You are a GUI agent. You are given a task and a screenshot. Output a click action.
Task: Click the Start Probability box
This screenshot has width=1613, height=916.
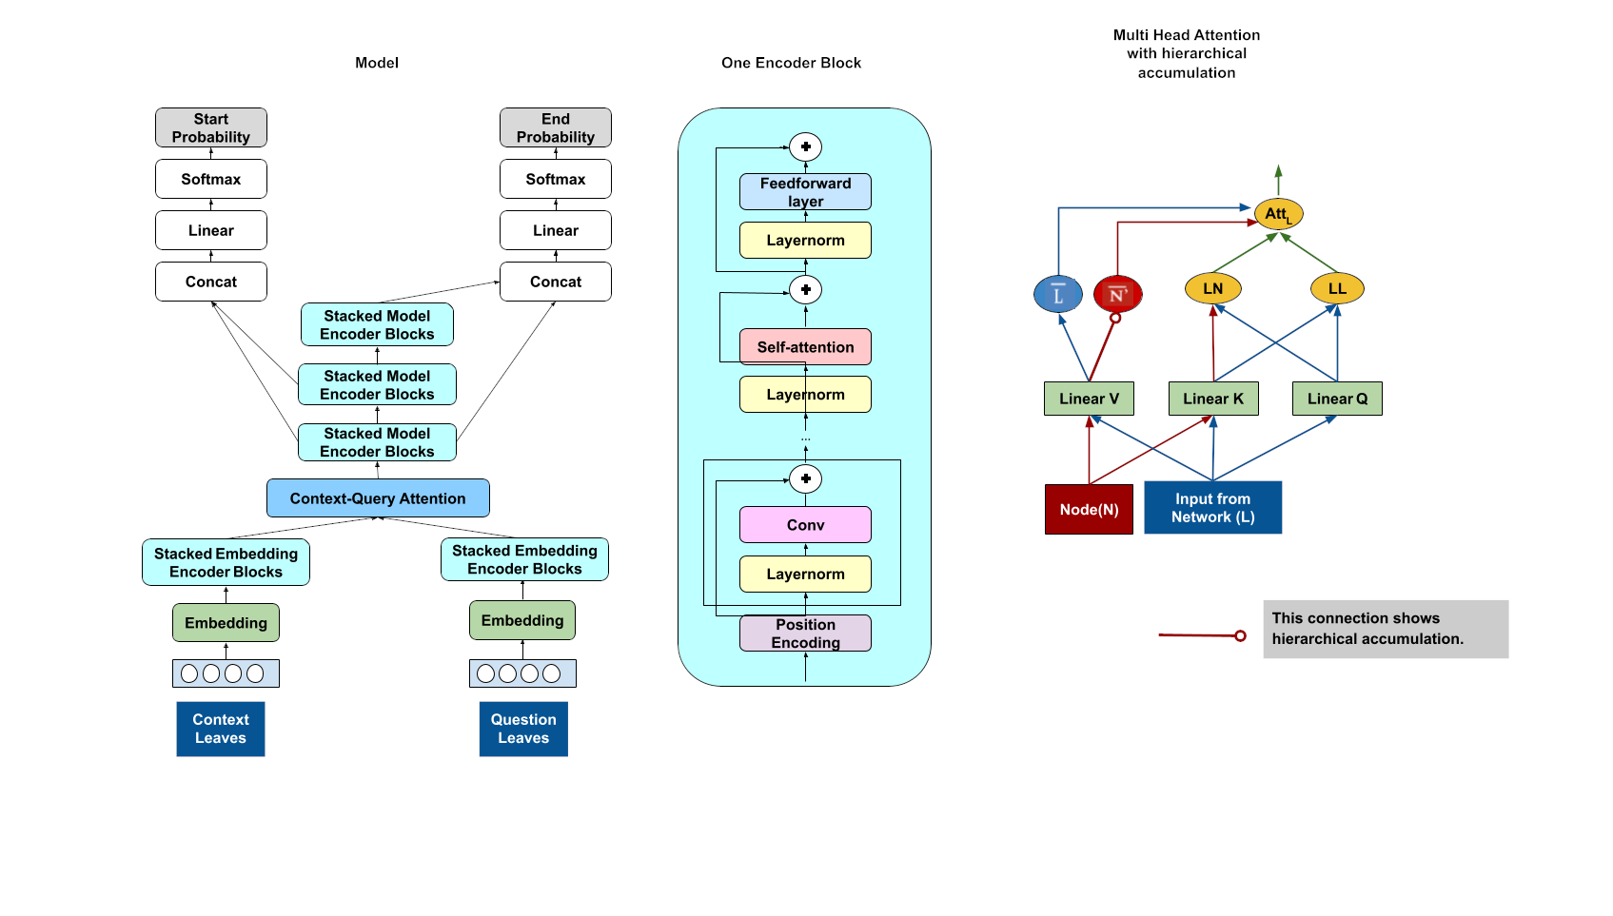[x=210, y=127]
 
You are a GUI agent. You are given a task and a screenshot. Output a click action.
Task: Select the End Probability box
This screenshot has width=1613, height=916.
[x=555, y=127]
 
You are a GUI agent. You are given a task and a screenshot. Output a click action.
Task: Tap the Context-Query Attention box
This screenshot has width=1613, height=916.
[x=378, y=498]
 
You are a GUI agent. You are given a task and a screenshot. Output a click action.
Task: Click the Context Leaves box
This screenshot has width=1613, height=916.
[x=220, y=729]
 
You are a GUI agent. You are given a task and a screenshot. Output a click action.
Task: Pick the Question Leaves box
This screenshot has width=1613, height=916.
[x=523, y=729]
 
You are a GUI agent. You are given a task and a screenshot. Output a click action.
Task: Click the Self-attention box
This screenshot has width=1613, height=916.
[x=805, y=347]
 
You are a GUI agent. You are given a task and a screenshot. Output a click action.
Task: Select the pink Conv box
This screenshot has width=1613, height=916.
[x=805, y=525]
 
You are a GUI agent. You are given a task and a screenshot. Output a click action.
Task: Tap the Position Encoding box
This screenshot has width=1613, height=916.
[x=805, y=633]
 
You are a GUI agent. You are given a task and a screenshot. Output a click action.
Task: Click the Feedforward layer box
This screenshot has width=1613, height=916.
[x=805, y=192]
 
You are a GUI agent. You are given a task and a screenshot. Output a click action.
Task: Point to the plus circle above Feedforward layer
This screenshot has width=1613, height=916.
[x=805, y=146]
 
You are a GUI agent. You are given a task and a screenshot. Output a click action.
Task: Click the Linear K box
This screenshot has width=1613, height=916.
[x=1213, y=399]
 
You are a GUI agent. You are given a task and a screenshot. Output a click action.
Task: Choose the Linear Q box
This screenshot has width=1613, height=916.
[x=1337, y=399]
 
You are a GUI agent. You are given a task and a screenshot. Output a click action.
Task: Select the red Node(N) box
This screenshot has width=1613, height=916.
[x=1089, y=509]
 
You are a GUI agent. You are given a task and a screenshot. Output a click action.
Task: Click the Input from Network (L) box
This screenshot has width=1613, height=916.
[x=1212, y=508]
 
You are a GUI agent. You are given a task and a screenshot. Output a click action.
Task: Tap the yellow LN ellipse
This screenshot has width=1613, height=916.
[x=1213, y=288]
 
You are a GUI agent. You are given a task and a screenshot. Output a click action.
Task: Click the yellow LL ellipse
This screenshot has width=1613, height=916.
[x=1337, y=288]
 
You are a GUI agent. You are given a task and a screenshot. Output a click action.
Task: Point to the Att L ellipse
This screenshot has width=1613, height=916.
[x=1278, y=214]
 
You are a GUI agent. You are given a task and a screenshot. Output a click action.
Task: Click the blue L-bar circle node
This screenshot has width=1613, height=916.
[x=1058, y=295]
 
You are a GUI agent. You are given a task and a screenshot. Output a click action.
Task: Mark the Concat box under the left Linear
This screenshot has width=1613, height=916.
[x=210, y=282]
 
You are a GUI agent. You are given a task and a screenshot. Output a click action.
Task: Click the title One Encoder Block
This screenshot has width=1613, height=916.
[x=791, y=63]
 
